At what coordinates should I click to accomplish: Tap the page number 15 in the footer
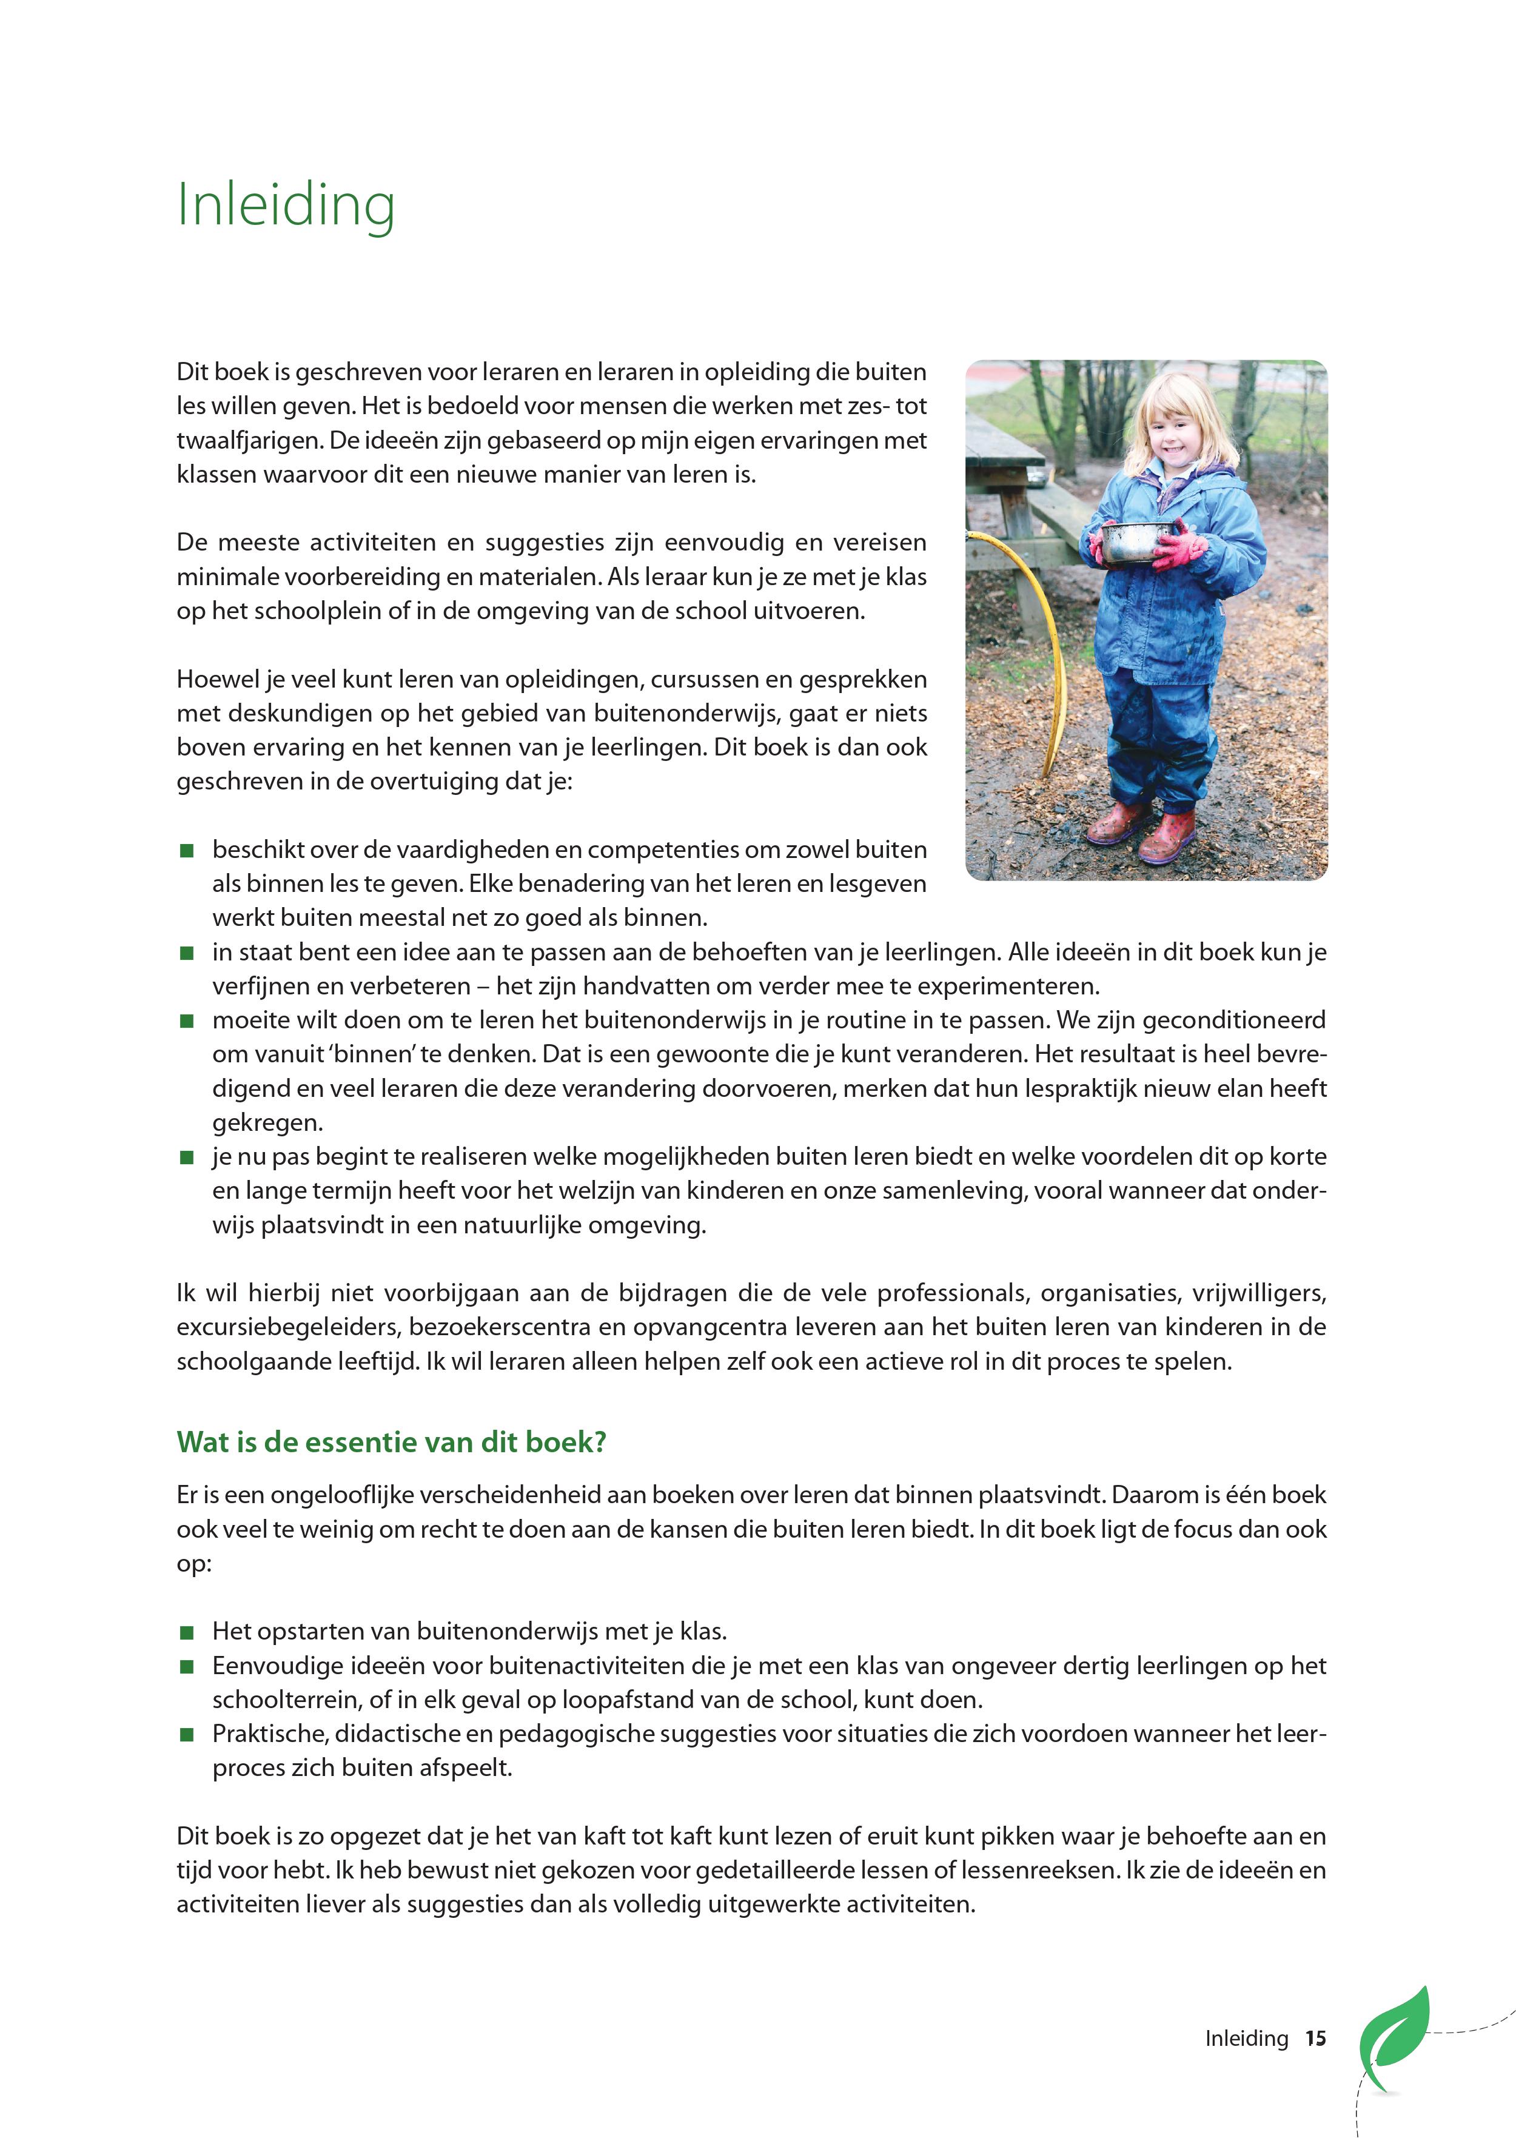click(x=1315, y=2038)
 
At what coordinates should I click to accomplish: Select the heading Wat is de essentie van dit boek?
click(x=391, y=1442)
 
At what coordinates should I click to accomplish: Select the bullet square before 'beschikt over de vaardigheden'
click(x=187, y=850)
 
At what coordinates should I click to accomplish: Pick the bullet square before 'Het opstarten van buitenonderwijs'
click(x=187, y=1632)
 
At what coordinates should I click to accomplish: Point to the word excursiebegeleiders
click(x=289, y=1327)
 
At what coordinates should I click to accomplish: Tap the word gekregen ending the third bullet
click(x=266, y=1122)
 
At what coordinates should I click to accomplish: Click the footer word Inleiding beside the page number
click(x=1246, y=2038)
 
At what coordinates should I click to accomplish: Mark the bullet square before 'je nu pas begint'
click(x=187, y=1157)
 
